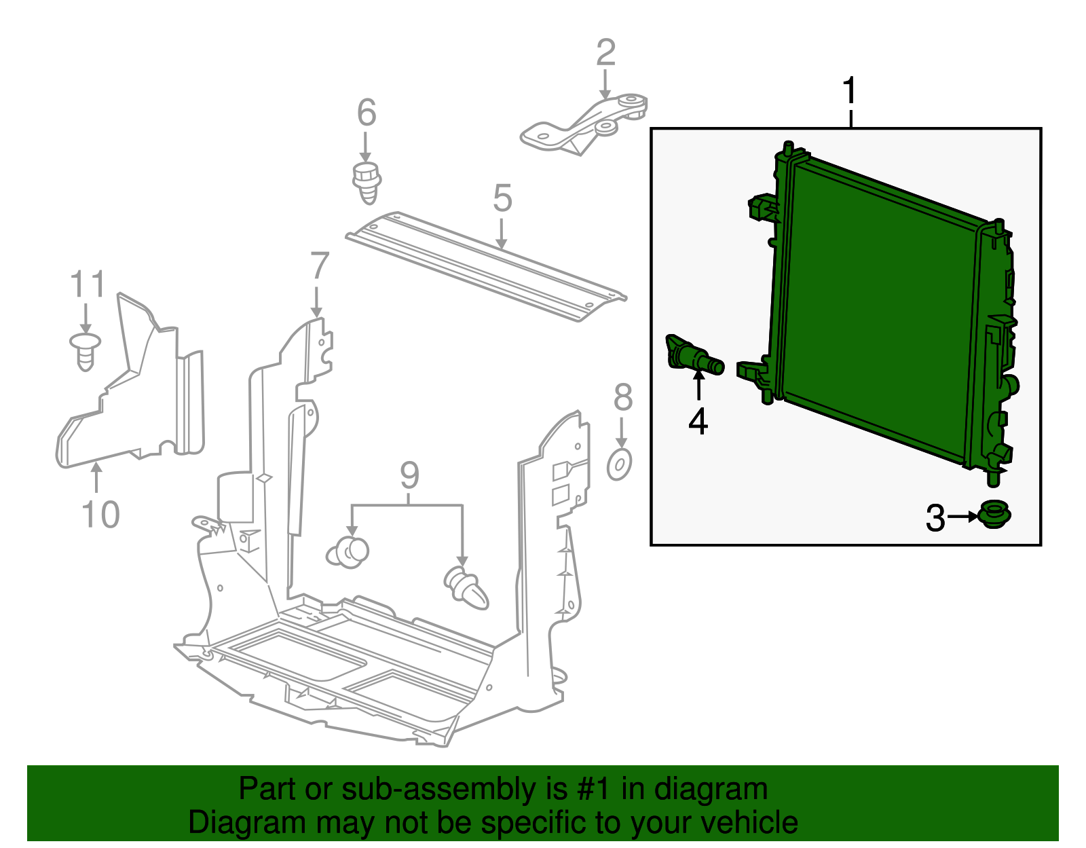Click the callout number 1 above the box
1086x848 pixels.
click(850, 92)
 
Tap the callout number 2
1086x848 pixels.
click(605, 53)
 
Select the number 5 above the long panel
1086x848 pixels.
click(502, 198)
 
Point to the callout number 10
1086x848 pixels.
click(100, 514)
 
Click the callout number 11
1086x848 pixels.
click(88, 284)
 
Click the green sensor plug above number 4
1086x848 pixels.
click(694, 356)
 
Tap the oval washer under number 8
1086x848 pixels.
click(619, 465)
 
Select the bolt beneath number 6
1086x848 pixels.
click(367, 182)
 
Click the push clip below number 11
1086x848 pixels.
click(85, 350)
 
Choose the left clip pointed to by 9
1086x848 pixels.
click(348, 551)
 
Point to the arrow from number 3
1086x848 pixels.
click(962, 517)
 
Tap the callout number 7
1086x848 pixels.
click(319, 266)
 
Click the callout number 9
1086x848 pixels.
click(409, 475)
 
